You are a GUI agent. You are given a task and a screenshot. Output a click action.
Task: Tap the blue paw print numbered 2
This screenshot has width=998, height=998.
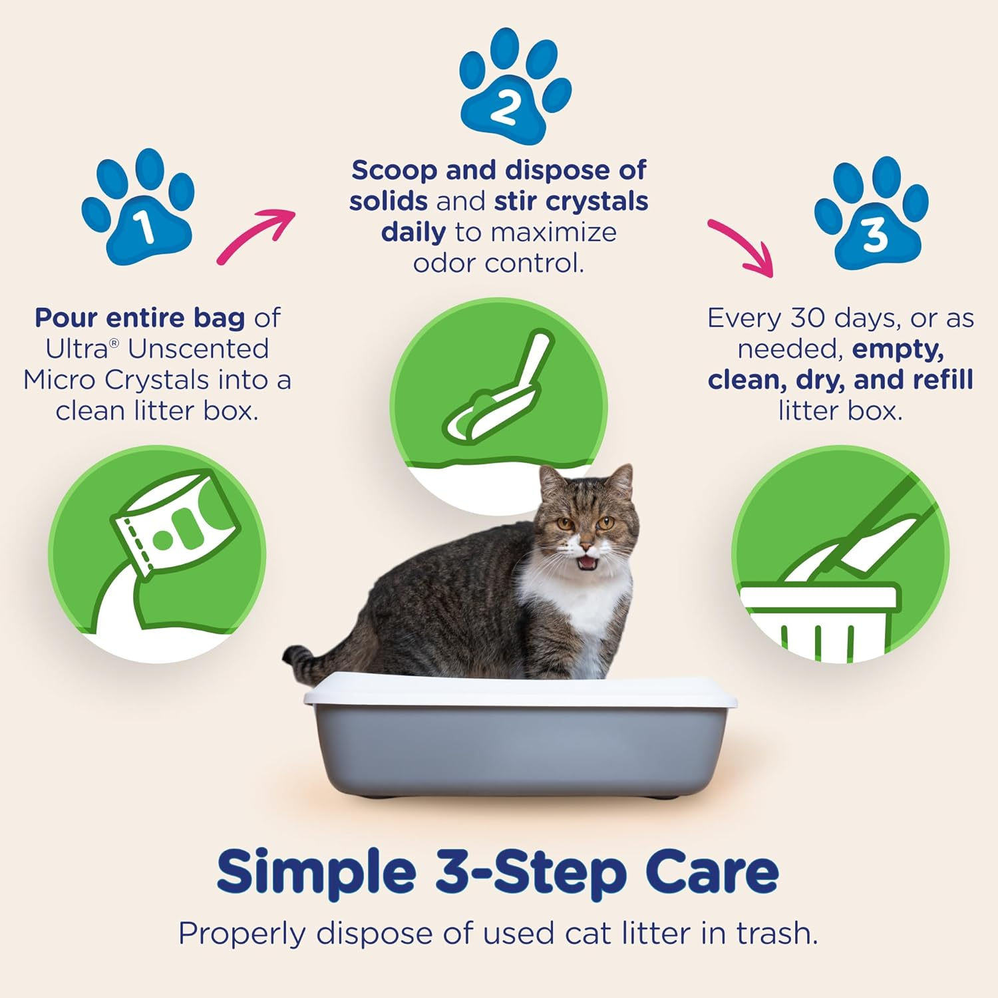click(x=514, y=86)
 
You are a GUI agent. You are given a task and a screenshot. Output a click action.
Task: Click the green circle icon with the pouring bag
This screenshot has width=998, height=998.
click(x=157, y=554)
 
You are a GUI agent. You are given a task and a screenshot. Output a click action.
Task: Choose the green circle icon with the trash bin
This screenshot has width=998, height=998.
click(x=840, y=554)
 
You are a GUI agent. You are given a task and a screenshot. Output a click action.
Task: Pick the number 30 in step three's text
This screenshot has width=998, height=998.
click(x=808, y=318)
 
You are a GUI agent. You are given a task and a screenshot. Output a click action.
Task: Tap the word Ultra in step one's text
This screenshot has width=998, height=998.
click(x=77, y=349)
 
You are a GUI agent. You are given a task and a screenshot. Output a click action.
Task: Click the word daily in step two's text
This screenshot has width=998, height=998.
click(x=413, y=232)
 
